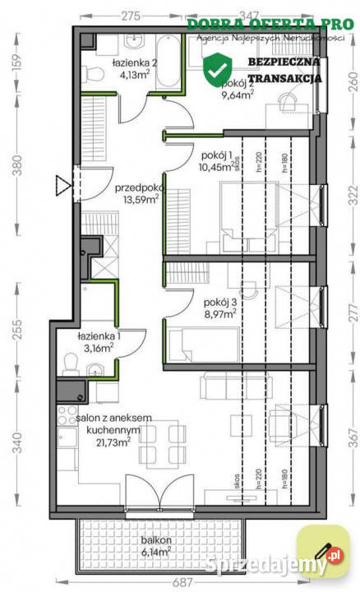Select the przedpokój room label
pos(136,187)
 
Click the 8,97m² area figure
pos(219,312)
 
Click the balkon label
pos(155,540)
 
